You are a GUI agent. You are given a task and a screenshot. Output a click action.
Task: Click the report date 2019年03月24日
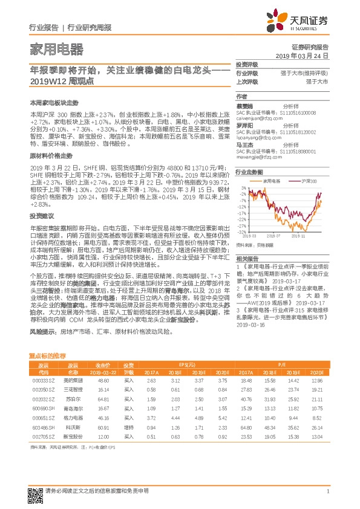click(x=306, y=55)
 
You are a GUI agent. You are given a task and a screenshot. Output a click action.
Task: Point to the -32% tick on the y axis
click(x=242, y=232)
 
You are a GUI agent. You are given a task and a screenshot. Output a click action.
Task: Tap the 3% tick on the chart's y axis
click(x=243, y=189)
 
